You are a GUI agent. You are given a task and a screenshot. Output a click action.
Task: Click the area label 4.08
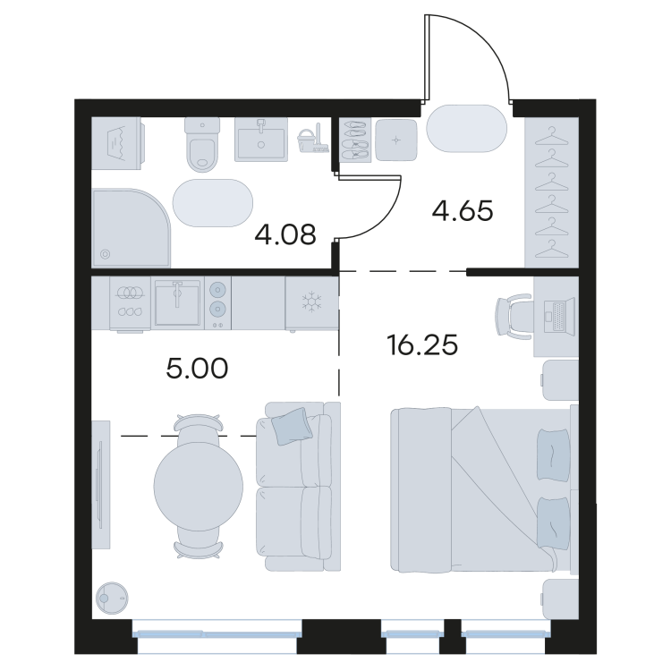pyautogui.click(x=285, y=234)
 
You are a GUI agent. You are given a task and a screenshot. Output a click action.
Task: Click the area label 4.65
pyautogui.click(x=463, y=210)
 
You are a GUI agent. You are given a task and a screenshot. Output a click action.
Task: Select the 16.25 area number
pyautogui.click(x=422, y=345)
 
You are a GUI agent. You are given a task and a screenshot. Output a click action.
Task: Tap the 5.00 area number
pyautogui.click(x=197, y=369)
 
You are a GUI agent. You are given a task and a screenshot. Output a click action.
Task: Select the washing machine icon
pyautogui.click(x=118, y=143)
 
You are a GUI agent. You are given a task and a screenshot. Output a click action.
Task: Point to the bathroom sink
pyautogui.click(x=261, y=140)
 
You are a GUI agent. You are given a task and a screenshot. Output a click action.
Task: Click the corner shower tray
pyautogui.click(x=132, y=229)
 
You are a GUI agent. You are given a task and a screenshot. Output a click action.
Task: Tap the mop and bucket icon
pyautogui.click(x=312, y=138)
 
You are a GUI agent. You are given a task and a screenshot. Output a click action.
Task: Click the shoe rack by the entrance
pyautogui.click(x=355, y=140)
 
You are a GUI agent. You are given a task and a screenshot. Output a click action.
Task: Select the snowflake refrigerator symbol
pyautogui.click(x=312, y=301)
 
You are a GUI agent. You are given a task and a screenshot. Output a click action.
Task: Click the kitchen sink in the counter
pyautogui.click(x=178, y=302)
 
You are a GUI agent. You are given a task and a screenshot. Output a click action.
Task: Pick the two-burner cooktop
pyautogui.click(x=217, y=302)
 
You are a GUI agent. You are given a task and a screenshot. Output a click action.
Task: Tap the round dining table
pyautogui.click(x=199, y=486)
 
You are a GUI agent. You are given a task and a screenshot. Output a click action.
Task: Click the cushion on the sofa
pyautogui.click(x=292, y=426)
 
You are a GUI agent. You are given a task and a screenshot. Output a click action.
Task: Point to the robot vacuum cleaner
pyautogui.click(x=112, y=598)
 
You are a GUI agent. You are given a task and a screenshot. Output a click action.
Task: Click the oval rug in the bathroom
pyautogui.click(x=213, y=203)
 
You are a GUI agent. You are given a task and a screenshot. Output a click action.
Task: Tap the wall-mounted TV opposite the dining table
pyautogui.click(x=100, y=484)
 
